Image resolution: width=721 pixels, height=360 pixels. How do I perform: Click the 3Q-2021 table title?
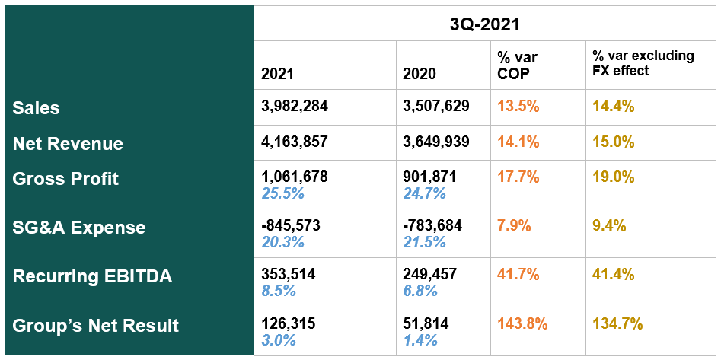pos(484,24)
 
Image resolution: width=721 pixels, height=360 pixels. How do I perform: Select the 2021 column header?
pos(277,74)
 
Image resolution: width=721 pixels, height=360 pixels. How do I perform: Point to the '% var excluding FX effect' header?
pos(633,64)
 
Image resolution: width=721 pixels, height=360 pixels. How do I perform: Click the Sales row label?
pos(36,108)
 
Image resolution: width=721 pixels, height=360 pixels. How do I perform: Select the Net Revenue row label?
pos(68,143)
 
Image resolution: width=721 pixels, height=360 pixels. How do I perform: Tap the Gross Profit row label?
pos(65,179)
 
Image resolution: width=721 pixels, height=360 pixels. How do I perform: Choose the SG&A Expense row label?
pos(78,228)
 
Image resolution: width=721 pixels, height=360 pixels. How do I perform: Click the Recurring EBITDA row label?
pos(92,276)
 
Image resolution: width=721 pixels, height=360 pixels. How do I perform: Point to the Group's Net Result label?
pos(96,326)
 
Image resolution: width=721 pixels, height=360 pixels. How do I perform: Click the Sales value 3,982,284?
pos(295,107)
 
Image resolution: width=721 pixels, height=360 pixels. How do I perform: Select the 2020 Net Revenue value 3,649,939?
pos(436,142)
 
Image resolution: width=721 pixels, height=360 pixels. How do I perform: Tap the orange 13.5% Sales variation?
pos(518,107)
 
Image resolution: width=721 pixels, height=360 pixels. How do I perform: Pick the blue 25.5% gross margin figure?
pos(282,193)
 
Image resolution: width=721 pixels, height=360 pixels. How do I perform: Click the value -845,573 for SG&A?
pos(291,226)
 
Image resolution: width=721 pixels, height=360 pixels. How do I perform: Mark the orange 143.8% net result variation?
pos(522,323)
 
